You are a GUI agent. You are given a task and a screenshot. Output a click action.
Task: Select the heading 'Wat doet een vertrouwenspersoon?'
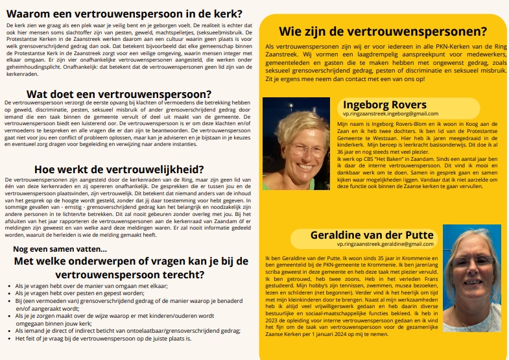[x=119, y=94]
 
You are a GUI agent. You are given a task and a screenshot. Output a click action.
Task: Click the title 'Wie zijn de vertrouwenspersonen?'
[x=383, y=31]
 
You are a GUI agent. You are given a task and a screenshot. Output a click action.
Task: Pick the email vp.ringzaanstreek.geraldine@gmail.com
[x=385, y=244]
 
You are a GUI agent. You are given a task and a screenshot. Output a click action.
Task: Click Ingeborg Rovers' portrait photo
[x=296, y=134]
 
